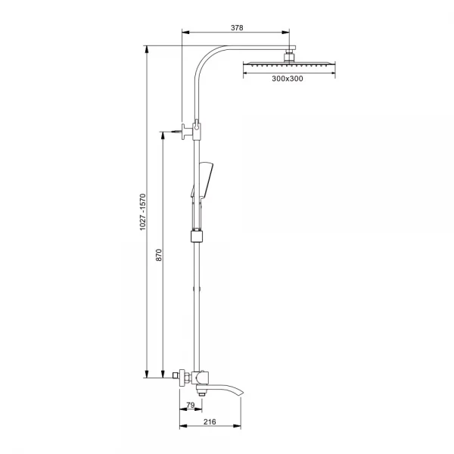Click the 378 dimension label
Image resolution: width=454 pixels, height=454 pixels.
[237, 28]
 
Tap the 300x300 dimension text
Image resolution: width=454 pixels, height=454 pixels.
[288, 79]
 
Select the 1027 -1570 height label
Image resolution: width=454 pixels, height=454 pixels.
[142, 212]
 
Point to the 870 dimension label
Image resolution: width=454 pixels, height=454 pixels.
[159, 255]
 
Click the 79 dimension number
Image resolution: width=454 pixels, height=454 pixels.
[190, 405]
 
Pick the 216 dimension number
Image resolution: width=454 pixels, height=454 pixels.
[210, 422]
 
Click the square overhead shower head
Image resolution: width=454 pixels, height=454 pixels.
[289, 64]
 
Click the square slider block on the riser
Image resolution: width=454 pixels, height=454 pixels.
[197, 236]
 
